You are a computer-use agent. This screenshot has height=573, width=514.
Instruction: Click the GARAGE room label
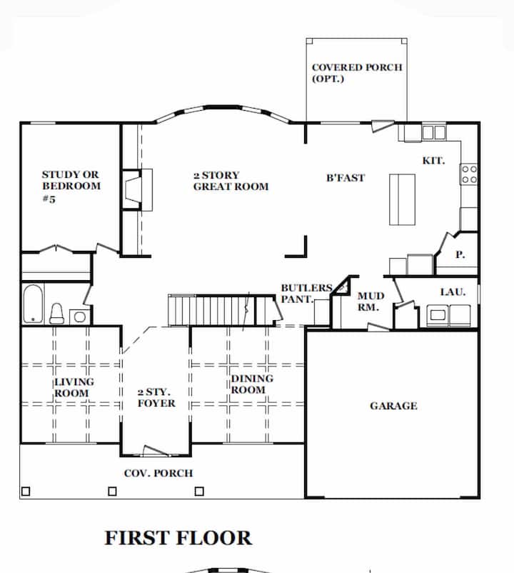coord(393,406)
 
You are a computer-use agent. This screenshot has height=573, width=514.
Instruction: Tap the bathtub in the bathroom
coord(33,304)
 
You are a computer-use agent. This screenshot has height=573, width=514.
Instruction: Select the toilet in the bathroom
coord(56,314)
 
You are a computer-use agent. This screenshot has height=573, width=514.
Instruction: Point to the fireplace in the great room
coord(134,189)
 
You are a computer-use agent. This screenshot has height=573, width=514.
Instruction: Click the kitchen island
coord(403,199)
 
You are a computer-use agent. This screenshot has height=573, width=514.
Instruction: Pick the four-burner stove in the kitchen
coord(469,174)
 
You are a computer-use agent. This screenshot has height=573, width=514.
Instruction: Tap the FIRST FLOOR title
coord(178,538)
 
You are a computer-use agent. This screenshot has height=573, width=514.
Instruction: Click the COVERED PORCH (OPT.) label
coord(357,73)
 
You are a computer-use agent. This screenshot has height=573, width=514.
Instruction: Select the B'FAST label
coord(346,178)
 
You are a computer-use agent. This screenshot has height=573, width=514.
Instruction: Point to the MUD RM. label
coord(371,302)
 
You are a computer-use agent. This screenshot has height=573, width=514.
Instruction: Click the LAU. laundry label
coord(453,292)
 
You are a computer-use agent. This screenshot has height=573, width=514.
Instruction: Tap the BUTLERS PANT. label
coord(306,294)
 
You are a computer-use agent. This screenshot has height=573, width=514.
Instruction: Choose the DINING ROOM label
coord(252,384)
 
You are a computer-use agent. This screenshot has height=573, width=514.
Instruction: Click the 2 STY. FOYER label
coord(156,397)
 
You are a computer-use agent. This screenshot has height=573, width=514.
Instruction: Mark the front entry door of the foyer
coord(156,452)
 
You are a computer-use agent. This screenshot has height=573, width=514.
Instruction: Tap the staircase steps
coord(212,310)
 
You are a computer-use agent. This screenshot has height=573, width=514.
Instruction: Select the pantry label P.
coord(460,255)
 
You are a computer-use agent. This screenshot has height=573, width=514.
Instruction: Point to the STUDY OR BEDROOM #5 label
coord(71,186)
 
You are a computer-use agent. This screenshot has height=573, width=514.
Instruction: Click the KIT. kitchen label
coord(434,161)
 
